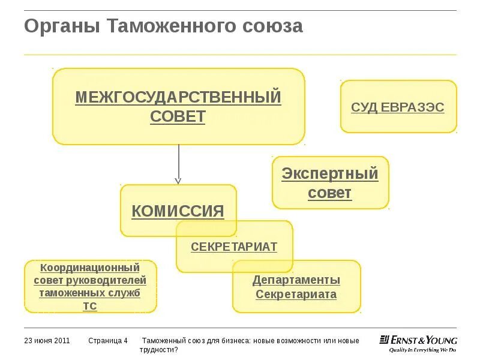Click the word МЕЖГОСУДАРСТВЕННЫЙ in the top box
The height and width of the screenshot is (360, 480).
click(178, 97)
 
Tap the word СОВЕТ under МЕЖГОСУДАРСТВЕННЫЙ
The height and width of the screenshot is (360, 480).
click(178, 116)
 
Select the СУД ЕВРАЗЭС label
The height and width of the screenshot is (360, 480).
click(398, 107)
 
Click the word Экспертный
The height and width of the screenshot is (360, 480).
click(330, 174)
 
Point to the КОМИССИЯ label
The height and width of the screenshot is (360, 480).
click(178, 211)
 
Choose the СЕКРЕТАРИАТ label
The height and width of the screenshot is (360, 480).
click(234, 247)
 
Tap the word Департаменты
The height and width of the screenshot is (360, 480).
click(296, 280)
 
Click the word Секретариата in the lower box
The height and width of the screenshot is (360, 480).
click(296, 295)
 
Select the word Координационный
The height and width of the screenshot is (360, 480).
click(90, 268)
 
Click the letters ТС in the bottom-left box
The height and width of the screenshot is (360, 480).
click(89, 306)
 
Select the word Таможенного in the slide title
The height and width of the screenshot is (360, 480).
click(174, 26)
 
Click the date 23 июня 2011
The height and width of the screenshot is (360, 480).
click(47, 341)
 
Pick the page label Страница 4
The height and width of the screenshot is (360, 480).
click(108, 341)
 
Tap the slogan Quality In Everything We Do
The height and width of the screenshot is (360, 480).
click(422, 349)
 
